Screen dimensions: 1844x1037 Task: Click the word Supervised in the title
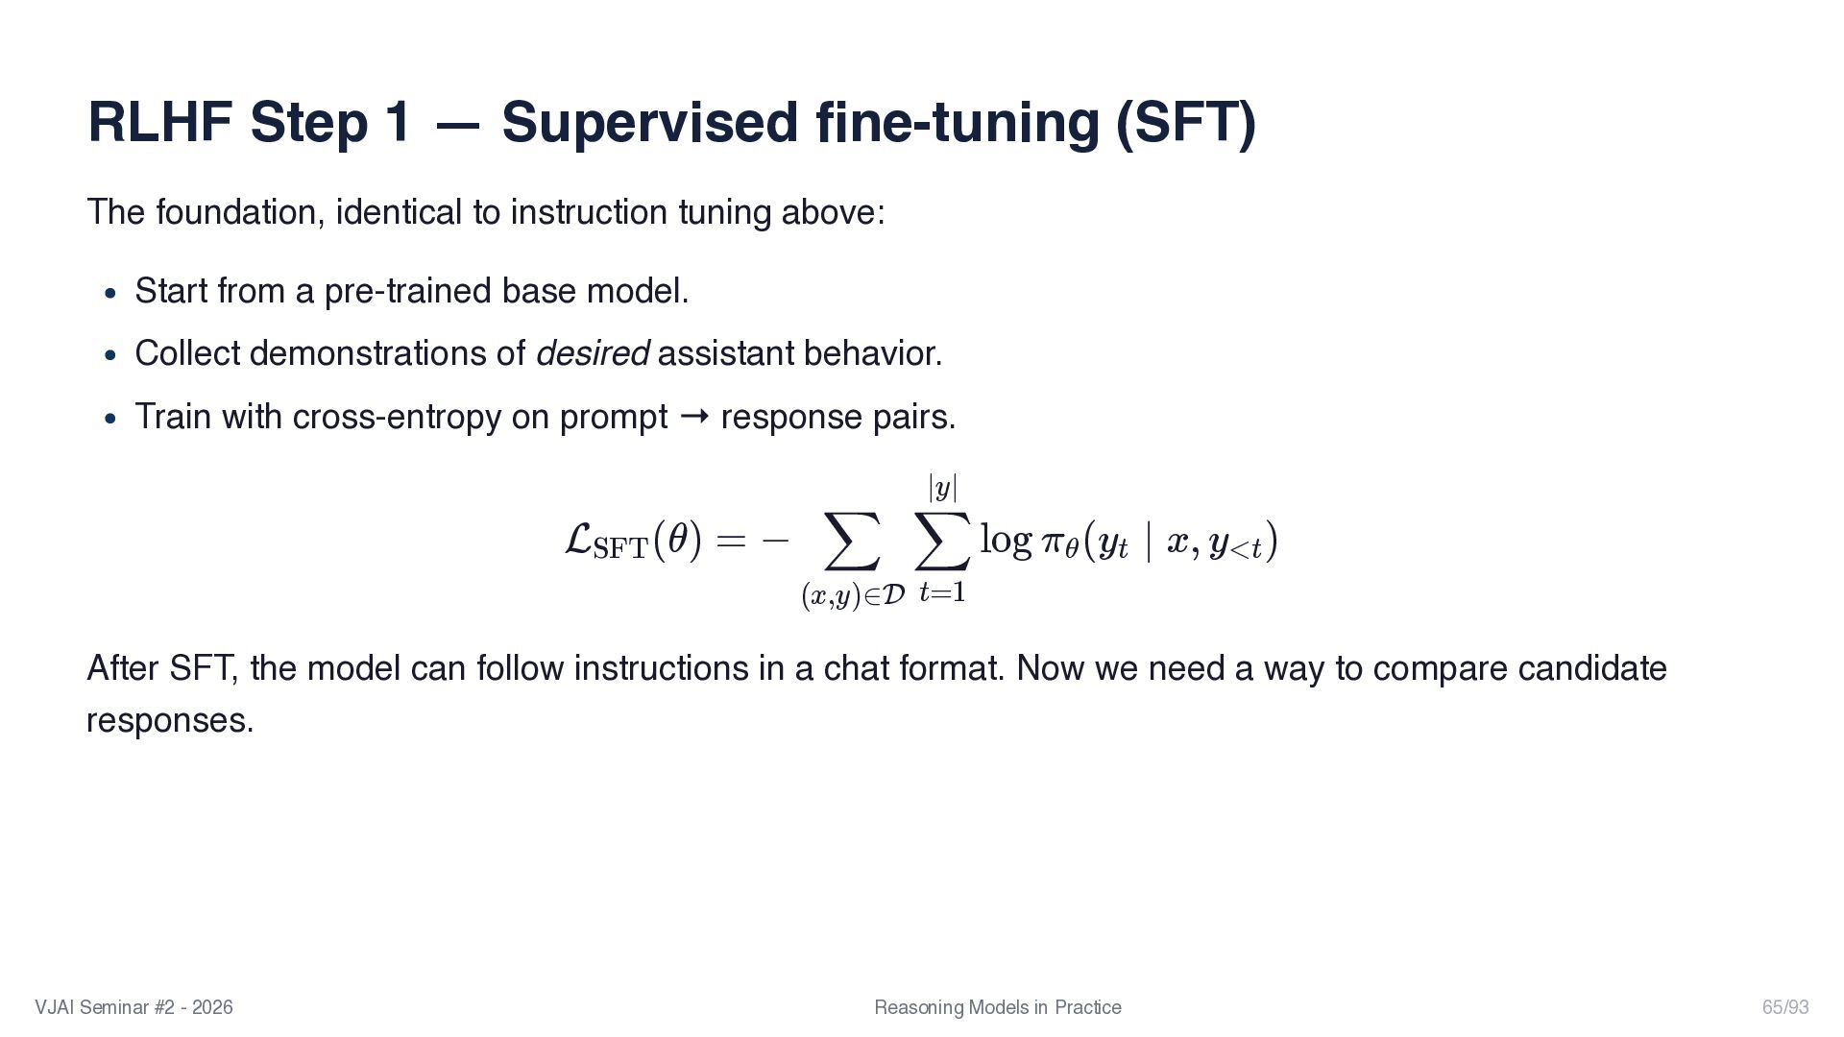[648, 123]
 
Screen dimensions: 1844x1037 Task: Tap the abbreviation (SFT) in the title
[1185, 123]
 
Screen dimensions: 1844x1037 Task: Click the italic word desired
[592, 353]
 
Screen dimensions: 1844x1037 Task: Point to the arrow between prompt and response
[694, 417]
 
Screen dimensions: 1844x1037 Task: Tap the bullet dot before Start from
[111, 292]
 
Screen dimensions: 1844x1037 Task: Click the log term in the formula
[1005, 540]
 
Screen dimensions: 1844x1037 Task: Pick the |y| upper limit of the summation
[942, 488]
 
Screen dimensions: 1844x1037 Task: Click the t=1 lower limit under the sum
[941, 592]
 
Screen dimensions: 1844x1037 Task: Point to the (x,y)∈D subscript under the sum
[852, 596]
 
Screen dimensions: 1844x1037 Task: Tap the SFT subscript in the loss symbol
[620, 549]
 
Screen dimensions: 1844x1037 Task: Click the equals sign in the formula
[730, 541]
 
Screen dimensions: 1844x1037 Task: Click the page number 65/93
[1784, 1007]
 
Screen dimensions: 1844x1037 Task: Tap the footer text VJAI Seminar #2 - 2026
[133, 1007]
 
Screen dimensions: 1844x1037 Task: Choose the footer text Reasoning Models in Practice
[997, 1007]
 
